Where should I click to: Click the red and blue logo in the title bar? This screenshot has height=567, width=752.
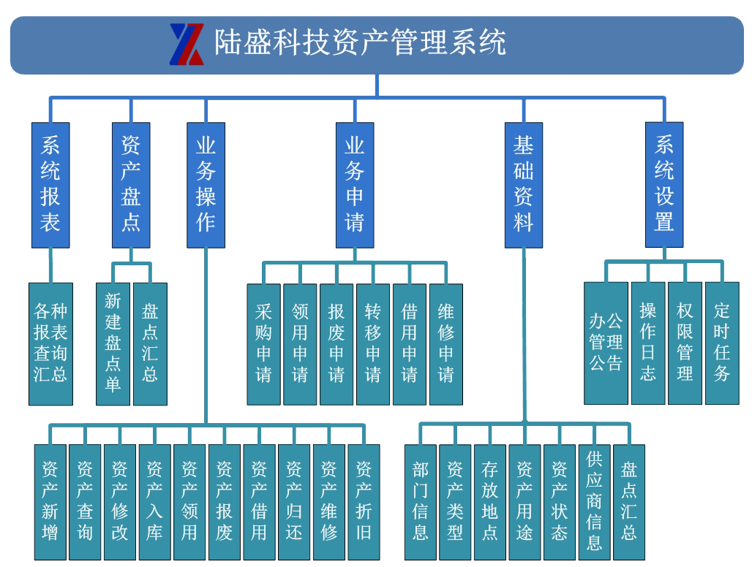pyautogui.click(x=187, y=44)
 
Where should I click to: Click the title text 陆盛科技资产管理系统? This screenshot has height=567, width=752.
pyautogui.click(x=359, y=42)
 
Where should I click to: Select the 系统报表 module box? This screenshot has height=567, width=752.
pyautogui.click(x=50, y=184)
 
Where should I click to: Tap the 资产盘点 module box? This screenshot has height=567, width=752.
pyautogui.click(x=131, y=184)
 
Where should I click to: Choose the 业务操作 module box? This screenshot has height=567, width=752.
pyautogui.click(x=206, y=184)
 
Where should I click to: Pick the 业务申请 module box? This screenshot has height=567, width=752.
pyautogui.click(x=355, y=184)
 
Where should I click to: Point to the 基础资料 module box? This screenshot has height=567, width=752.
pyautogui.click(x=524, y=184)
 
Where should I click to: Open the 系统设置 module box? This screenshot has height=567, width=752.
pyautogui.click(x=664, y=184)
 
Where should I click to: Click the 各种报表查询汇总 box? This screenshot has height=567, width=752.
pyautogui.click(x=50, y=343)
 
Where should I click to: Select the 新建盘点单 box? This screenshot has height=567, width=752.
pyautogui.click(x=113, y=343)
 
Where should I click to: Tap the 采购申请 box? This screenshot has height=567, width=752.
pyautogui.click(x=263, y=343)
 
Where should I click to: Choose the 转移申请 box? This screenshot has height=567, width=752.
pyautogui.click(x=373, y=343)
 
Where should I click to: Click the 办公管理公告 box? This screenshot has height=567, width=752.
pyautogui.click(x=606, y=343)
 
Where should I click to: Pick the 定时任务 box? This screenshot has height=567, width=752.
pyautogui.click(x=722, y=343)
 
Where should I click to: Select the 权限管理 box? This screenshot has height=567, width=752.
pyautogui.click(x=685, y=343)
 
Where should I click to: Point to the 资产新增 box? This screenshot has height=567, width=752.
pyautogui.click(x=50, y=501)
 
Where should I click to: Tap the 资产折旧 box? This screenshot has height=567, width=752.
pyautogui.click(x=364, y=501)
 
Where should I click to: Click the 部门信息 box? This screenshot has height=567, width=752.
pyautogui.click(x=420, y=501)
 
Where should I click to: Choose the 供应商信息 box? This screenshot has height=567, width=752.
pyautogui.click(x=595, y=501)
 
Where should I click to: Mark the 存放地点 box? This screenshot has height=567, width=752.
pyautogui.click(x=490, y=501)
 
